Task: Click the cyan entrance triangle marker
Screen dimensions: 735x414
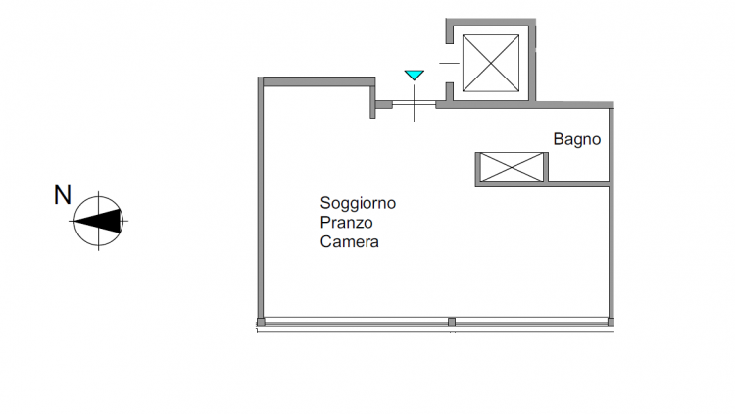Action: click(414, 75)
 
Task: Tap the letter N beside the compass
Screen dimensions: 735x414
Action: click(63, 195)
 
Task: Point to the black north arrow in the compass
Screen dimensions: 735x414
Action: click(98, 221)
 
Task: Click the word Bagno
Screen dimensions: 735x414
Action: click(576, 139)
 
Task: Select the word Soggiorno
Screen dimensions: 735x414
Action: click(358, 204)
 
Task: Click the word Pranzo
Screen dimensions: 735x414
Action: click(346, 223)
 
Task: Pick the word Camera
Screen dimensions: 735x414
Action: click(349, 241)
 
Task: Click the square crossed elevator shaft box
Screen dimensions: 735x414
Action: click(491, 63)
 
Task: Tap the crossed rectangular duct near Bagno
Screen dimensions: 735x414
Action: click(512, 167)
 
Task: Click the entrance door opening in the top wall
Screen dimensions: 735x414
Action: click(414, 103)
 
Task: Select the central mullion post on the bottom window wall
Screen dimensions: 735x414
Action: click(452, 322)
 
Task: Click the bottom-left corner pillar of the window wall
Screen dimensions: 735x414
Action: click(261, 322)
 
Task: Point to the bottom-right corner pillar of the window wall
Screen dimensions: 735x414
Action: click(611, 322)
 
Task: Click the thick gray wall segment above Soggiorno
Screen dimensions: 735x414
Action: click(318, 81)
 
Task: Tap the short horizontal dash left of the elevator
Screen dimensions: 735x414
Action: click(449, 63)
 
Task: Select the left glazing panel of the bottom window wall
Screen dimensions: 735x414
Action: click(357, 322)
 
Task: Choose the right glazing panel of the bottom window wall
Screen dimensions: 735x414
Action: click(531, 322)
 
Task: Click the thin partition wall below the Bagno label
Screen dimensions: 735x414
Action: click(578, 181)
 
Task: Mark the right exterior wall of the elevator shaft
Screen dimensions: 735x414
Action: click(532, 61)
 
